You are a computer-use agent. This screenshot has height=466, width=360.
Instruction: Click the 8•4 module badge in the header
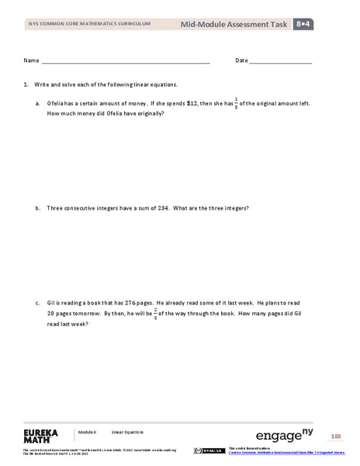(303, 25)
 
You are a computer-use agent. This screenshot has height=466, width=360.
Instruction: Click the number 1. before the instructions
(26, 84)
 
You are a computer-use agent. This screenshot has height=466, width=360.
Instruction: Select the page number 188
(335, 437)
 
